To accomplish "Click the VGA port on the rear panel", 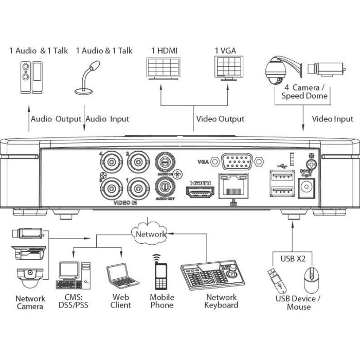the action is (237, 161).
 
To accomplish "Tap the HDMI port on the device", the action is (200, 192).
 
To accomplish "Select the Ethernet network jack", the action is (233, 186).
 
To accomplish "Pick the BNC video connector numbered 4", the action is (112, 163).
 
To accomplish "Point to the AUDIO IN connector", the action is (165, 162).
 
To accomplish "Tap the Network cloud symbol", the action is (150, 233).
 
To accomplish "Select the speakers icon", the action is (31, 77).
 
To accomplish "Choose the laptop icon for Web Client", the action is (122, 276).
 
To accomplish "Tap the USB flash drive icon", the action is (277, 281).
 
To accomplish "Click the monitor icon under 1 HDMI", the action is (163, 68).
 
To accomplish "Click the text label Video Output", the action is (220, 119).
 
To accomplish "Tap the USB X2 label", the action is (293, 259).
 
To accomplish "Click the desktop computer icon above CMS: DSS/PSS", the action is (73, 275).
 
